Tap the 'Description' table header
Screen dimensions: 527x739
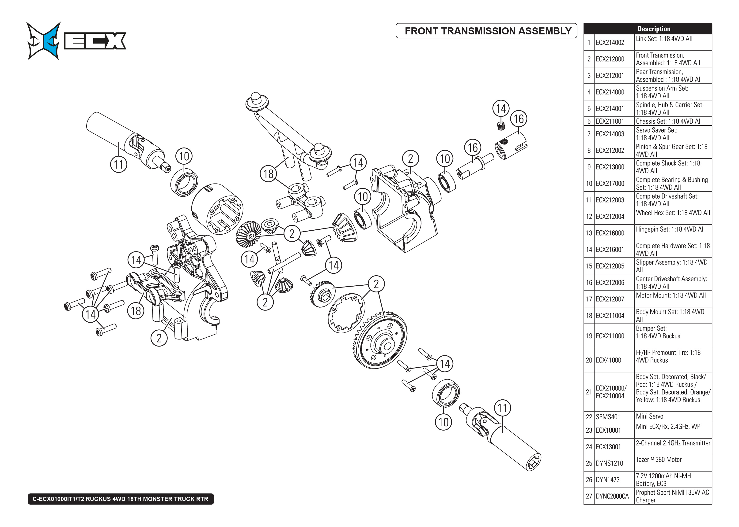pos(654,29)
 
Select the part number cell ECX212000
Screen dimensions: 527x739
pos(610,59)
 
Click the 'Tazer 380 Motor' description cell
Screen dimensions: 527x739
pos(659,460)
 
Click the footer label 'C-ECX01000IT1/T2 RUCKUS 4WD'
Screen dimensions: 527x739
pos(121,499)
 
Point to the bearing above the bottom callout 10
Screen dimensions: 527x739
pos(446,393)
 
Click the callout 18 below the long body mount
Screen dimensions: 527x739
pos(269,174)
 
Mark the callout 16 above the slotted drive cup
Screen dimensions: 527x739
pos(519,119)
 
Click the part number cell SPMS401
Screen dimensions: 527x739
pos(608,417)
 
